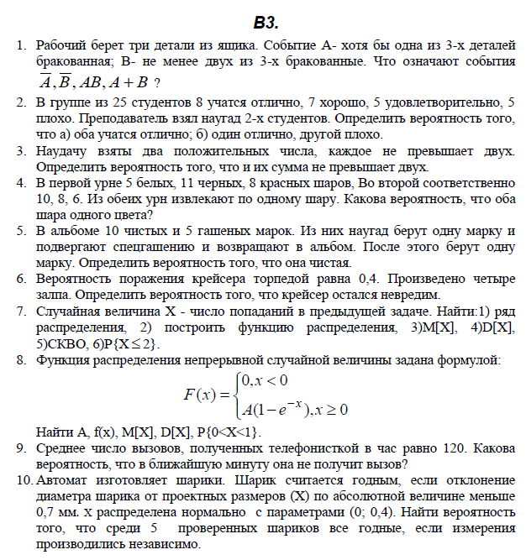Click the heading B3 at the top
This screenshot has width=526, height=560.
pyautogui.click(x=266, y=21)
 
